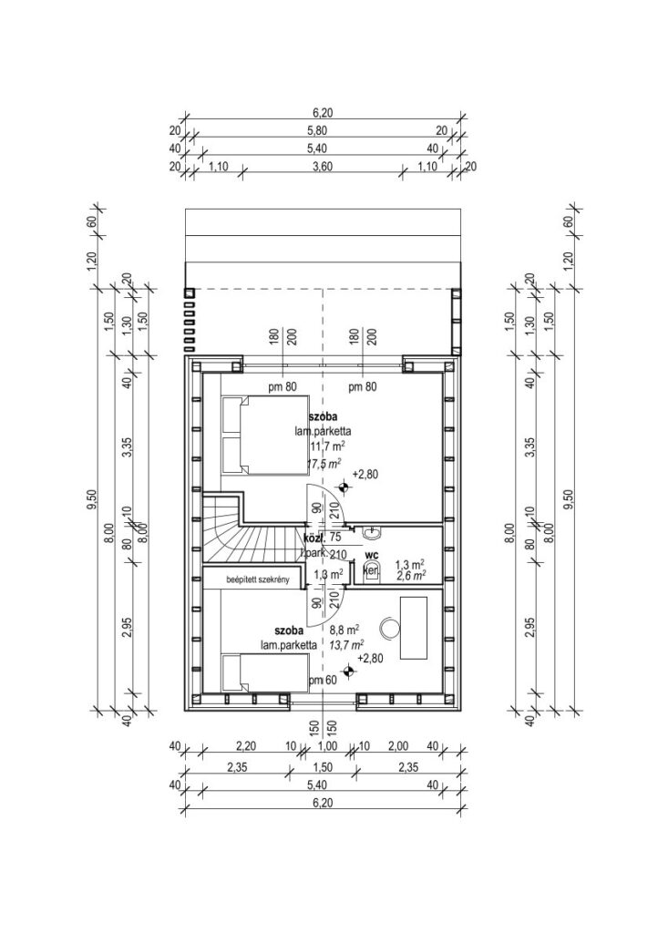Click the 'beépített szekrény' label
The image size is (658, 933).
[x=248, y=579]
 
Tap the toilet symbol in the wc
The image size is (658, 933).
[x=371, y=570]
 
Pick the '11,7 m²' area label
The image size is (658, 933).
[x=326, y=446]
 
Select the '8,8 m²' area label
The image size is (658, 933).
[x=344, y=628]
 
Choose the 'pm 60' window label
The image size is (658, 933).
[x=323, y=681]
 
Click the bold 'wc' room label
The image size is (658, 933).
[x=372, y=553]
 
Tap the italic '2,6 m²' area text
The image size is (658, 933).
[x=407, y=576]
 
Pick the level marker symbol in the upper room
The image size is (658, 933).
[x=342, y=488]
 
